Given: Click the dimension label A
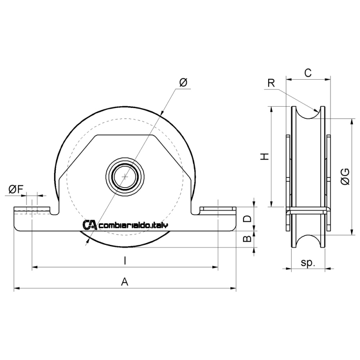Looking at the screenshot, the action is [125, 282].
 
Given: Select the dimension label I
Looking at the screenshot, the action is [125, 261].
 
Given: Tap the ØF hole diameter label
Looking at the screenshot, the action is [16, 189].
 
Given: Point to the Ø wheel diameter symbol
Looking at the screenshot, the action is [183, 83].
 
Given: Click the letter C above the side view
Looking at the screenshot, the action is [308, 73].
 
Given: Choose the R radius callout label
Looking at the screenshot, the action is [271, 83].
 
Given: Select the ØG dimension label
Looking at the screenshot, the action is [345, 176].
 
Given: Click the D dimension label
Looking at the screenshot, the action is [247, 219].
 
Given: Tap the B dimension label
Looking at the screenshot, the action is [247, 239].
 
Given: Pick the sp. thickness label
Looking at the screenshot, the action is [308, 263].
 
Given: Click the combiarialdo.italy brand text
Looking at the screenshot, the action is [133, 225].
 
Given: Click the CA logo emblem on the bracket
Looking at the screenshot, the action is [90, 225].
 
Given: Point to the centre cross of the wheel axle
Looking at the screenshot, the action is [125, 176].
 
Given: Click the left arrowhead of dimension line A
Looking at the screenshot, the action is [17, 288].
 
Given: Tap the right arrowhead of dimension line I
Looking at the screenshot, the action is [215, 267].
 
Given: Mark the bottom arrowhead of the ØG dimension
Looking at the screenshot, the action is [351, 232].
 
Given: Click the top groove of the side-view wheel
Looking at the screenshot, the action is [308, 113].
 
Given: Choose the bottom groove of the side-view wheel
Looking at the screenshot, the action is [308, 241].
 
